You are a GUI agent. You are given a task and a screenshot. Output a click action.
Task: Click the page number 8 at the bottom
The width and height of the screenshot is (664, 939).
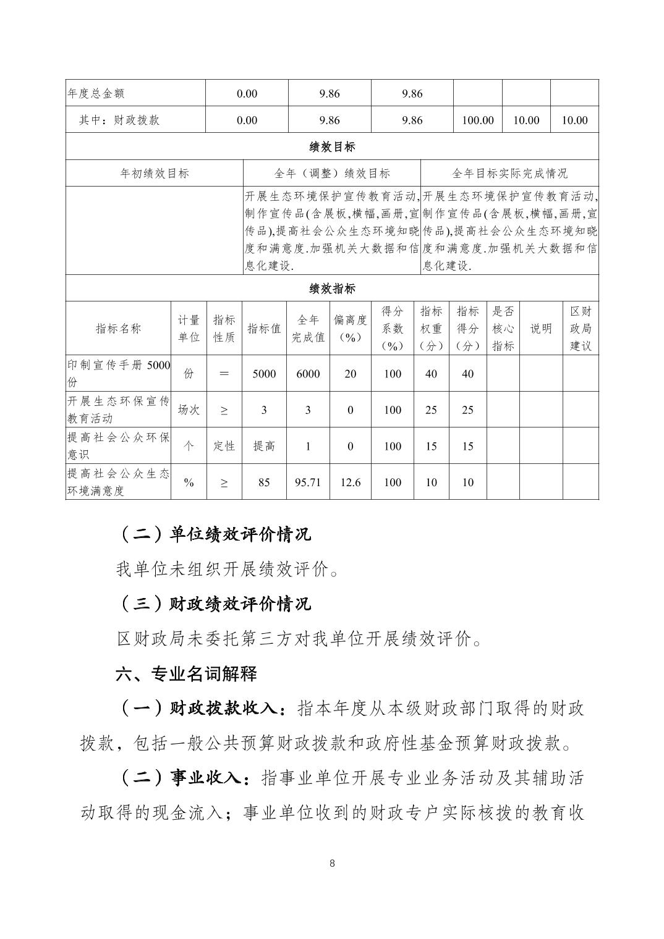tap(332, 863)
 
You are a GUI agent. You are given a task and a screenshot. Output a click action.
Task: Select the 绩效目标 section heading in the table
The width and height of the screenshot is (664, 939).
tap(332, 147)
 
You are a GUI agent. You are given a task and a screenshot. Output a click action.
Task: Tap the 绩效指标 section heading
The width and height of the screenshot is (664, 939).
tap(332, 288)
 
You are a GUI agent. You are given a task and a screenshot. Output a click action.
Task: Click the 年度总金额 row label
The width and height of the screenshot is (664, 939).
tap(96, 93)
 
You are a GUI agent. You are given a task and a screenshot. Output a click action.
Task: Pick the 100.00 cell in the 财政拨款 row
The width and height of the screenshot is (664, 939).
tap(477, 120)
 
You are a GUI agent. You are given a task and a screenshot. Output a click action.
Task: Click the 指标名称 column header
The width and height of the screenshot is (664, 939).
tap(118, 329)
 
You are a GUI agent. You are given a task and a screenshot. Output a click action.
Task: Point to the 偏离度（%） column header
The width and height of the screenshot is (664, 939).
tap(350, 329)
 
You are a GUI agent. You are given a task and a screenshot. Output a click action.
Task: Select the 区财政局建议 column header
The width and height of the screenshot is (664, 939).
tap(580, 329)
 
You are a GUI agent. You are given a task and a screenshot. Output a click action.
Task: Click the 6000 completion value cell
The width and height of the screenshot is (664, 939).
tap(308, 374)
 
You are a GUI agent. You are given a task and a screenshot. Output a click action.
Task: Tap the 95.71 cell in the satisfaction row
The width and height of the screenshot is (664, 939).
tap(308, 482)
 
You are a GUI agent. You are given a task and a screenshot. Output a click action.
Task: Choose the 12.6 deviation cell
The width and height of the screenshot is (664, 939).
tap(350, 482)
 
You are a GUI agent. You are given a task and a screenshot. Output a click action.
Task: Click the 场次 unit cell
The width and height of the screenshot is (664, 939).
tap(189, 410)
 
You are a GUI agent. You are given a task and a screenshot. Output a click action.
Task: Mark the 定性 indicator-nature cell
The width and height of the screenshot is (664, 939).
tap(224, 446)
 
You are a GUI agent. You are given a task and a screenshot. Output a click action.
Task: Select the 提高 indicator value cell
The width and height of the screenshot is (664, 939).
tap(264, 446)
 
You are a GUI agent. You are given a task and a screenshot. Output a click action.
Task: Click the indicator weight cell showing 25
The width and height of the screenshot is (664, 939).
tap(431, 410)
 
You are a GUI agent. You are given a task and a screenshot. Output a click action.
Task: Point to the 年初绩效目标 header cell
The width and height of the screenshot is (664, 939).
tap(155, 174)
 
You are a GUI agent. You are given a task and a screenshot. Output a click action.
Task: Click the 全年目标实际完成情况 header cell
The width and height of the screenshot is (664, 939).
tap(509, 174)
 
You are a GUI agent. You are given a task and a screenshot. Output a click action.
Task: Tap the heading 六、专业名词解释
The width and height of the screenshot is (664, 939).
tap(186, 674)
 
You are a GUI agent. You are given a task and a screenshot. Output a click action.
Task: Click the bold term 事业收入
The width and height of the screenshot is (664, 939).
tap(205, 778)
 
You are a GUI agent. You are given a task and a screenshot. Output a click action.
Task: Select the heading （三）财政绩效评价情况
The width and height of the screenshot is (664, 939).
tap(214, 604)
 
